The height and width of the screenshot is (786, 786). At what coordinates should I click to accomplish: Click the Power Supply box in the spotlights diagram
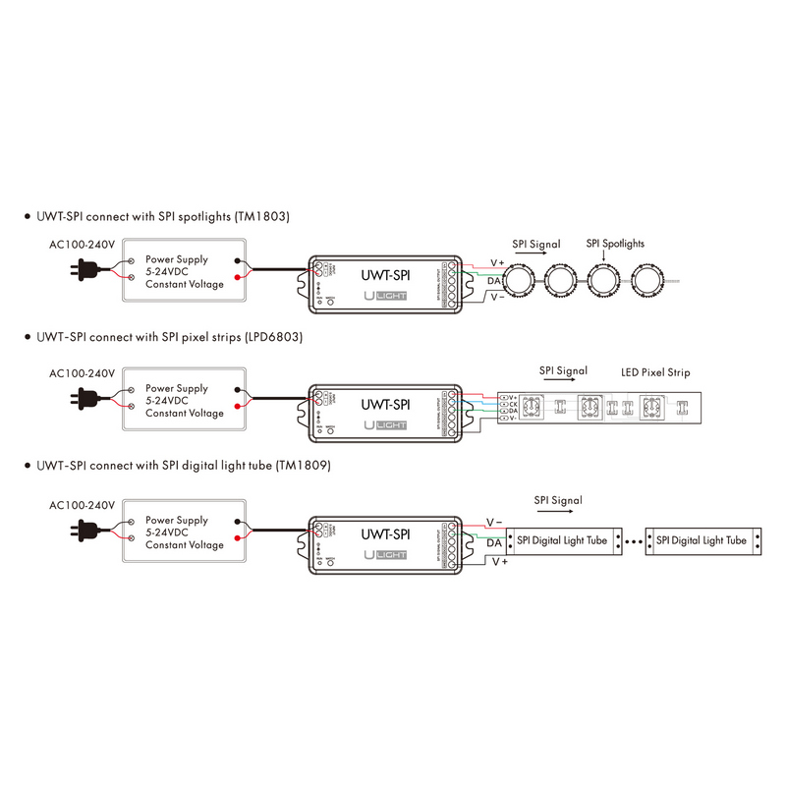pyautogui.click(x=184, y=272)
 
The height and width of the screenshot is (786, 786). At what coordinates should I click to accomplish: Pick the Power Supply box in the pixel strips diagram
pyautogui.click(x=184, y=401)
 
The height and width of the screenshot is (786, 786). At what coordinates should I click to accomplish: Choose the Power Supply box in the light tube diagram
pyautogui.click(x=184, y=531)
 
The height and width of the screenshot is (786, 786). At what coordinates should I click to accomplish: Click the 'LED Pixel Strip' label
pyautogui.click(x=656, y=372)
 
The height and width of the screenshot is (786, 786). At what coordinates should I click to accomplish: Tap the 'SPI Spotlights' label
pyautogui.click(x=616, y=243)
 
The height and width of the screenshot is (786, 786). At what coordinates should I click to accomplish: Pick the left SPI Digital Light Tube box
pyautogui.click(x=563, y=540)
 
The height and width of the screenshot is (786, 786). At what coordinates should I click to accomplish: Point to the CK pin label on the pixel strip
pyautogui.click(x=512, y=403)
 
